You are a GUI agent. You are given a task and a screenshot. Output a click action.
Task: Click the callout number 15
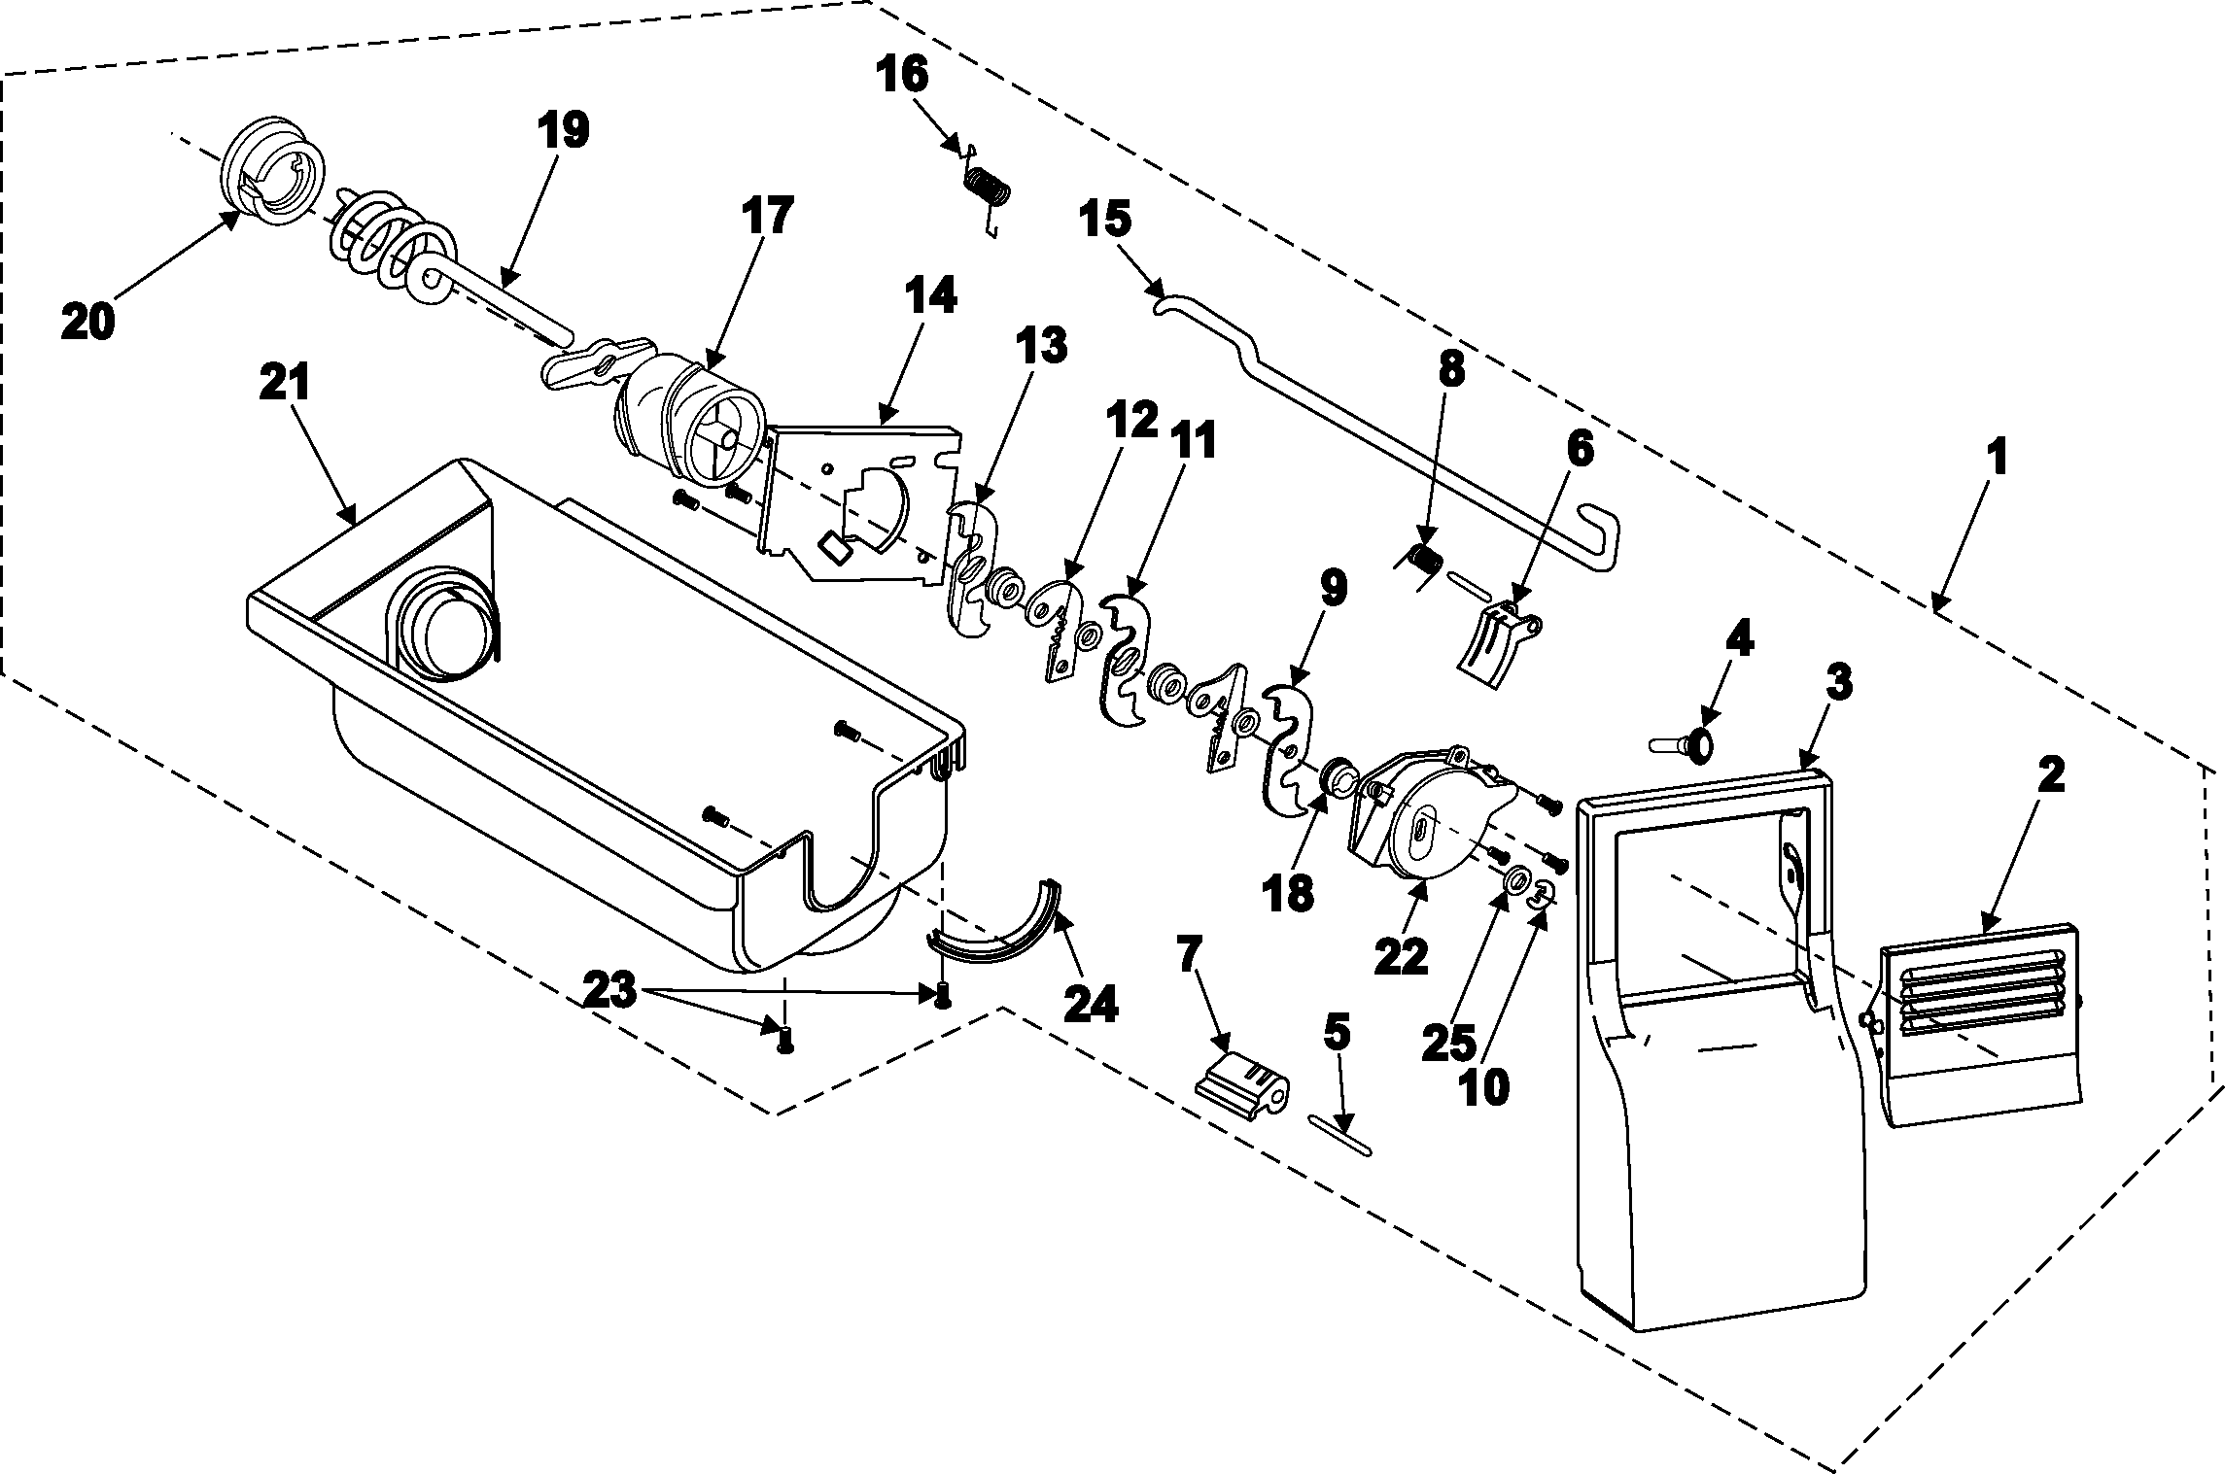tap(1106, 220)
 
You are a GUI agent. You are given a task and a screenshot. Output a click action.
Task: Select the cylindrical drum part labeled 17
tap(685, 426)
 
